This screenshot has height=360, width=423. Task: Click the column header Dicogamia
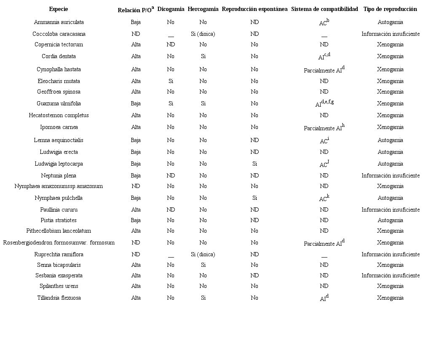pos(171,9)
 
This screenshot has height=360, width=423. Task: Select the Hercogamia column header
pos(203,9)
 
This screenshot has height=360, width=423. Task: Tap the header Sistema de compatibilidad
pos(324,9)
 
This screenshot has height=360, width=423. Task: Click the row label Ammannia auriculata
pos(59,22)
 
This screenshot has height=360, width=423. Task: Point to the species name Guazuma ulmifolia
pos(59,103)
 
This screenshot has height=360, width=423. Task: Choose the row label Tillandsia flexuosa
pos(59,298)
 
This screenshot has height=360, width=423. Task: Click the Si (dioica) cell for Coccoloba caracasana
pos(203,34)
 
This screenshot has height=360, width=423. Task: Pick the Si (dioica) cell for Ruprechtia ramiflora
pos(203,254)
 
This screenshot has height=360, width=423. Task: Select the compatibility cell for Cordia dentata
pos(324,56)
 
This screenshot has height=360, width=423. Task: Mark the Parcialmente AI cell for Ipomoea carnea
pos(324,127)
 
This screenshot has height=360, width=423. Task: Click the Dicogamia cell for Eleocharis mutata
pos(171,81)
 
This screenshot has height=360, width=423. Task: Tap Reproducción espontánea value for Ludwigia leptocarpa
pos(254,164)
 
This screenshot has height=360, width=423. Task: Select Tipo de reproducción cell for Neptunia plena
pos(390,175)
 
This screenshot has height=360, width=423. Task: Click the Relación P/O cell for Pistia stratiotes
pos(136,220)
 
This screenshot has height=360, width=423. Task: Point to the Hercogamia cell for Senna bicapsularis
pos(203,265)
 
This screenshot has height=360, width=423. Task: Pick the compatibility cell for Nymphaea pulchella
pos(324,198)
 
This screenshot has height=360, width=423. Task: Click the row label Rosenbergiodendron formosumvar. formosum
pos(59,242)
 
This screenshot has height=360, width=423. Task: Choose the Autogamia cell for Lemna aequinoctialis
pos(390,140)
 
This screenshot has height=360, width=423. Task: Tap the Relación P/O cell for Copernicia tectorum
pos(136,44)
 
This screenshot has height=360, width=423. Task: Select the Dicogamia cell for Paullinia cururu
pos(171,210)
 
